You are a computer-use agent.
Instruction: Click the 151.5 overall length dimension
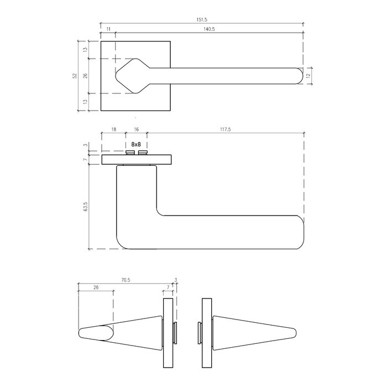pyautogui.click(x=202, y=20)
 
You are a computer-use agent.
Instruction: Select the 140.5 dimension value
pyautogui.click(x=209, y=29)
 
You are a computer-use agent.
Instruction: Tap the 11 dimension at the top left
pyautogui.click(x=108, y=29)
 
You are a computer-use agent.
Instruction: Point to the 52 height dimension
pyautogui.click(x=75, y=76)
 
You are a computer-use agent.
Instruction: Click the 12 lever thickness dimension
pyautogui.click(x=308, y=76)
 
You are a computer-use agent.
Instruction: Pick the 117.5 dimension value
pyautogui.click(x=226, y=129)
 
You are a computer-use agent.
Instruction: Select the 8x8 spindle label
pyautogui.click(x=136, y=144)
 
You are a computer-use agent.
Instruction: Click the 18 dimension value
pyautogui.click(x=113, y=129)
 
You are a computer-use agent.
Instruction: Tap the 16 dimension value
pyautogui.click(x=136, y=129)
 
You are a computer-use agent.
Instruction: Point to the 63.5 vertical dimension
pyautogui.click(x=86, y=207)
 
